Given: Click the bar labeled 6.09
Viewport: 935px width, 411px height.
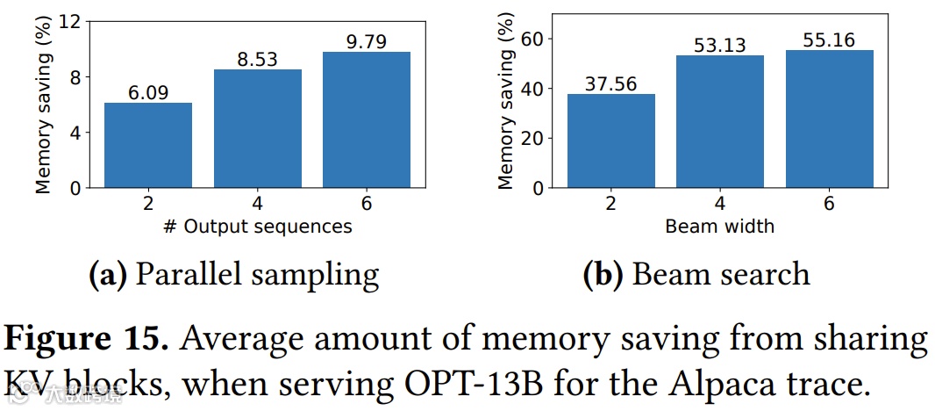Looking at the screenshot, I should pyautogui.click(x=147, y=145).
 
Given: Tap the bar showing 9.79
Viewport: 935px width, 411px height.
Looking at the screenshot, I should pyautogui.click(x=367, y=119).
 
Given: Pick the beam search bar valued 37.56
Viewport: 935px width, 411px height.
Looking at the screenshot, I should pyautogui.click(x=610, y=141).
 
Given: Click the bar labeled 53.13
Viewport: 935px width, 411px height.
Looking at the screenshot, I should pyautogui.click(x=720, y=121).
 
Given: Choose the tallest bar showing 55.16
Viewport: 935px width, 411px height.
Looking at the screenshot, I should pyautogui.click(x=830, y=119).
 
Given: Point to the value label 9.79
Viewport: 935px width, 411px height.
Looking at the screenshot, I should pyautogui.click(x=367, y=41).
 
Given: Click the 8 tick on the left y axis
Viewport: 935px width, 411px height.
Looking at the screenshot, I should pyautogui.click(x=81, y=76).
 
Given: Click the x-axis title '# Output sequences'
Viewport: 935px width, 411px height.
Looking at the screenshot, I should pyautogui.click(x=257, y=227).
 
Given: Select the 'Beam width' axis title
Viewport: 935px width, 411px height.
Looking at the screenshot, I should pyautogui.click(x=720, y=227).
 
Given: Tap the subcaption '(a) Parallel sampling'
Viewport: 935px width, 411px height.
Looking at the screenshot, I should pyautogui.click(x=234, y=274).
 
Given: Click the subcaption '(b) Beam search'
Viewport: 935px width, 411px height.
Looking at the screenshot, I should pyautogui.click(x=696, y=274).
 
